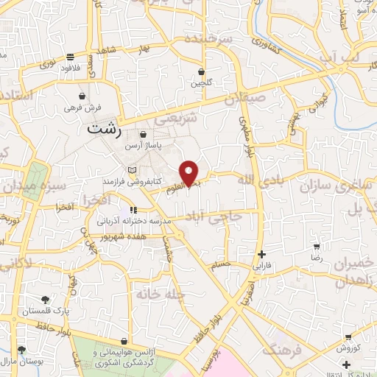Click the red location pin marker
tap(190, 173)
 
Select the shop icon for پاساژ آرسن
tap(144, 135)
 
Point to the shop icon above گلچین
tap(201, 71)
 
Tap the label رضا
tap(317, 258)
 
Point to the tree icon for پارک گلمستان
tap(46, 299)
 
